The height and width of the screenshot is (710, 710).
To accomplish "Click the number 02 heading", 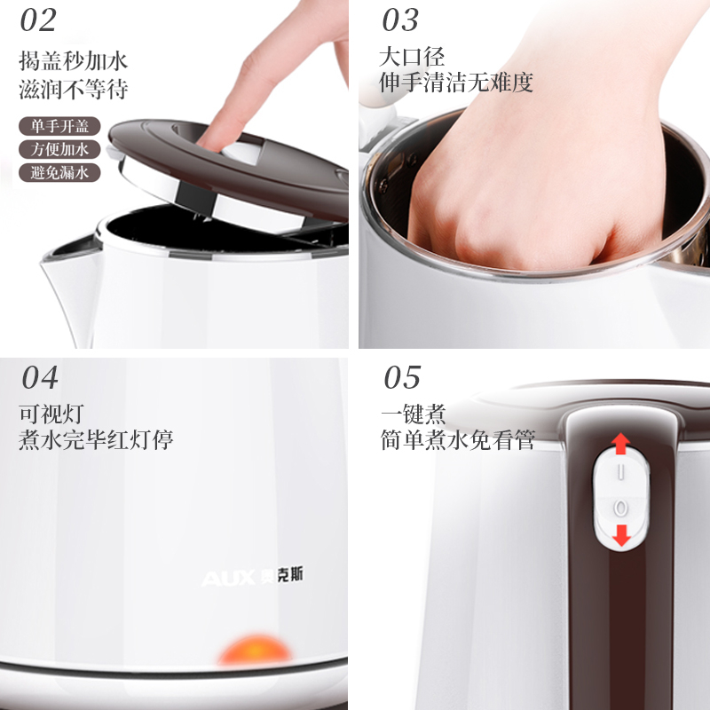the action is [x=38, y=20].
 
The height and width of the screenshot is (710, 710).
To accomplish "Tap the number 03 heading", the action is [x=400, y=20].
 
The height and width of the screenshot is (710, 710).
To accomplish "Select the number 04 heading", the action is [x=40, y=377].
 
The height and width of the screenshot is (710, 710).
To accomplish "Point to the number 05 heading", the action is [x=402, y=377].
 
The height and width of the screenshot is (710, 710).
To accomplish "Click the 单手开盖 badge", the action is [x=59, y=126].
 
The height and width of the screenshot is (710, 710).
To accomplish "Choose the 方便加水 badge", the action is [x=59, y=149].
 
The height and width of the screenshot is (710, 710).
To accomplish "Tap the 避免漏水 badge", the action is [x=59, y=172].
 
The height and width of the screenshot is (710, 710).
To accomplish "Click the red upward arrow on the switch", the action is [x=620, y=443].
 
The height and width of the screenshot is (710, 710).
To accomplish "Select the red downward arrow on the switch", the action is [x=621, y=535].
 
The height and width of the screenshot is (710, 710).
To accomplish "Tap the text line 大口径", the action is [x=412, y=57].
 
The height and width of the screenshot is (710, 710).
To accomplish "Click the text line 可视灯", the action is [x=51, y=414].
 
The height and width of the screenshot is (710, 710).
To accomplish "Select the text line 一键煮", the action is [x=414, y=414].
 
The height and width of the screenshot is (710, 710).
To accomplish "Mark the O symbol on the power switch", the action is [x=620, y=508].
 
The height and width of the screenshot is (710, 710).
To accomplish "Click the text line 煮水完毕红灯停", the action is [x=96, y=439].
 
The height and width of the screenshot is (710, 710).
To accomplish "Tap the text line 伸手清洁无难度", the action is [x=456, y=83].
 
